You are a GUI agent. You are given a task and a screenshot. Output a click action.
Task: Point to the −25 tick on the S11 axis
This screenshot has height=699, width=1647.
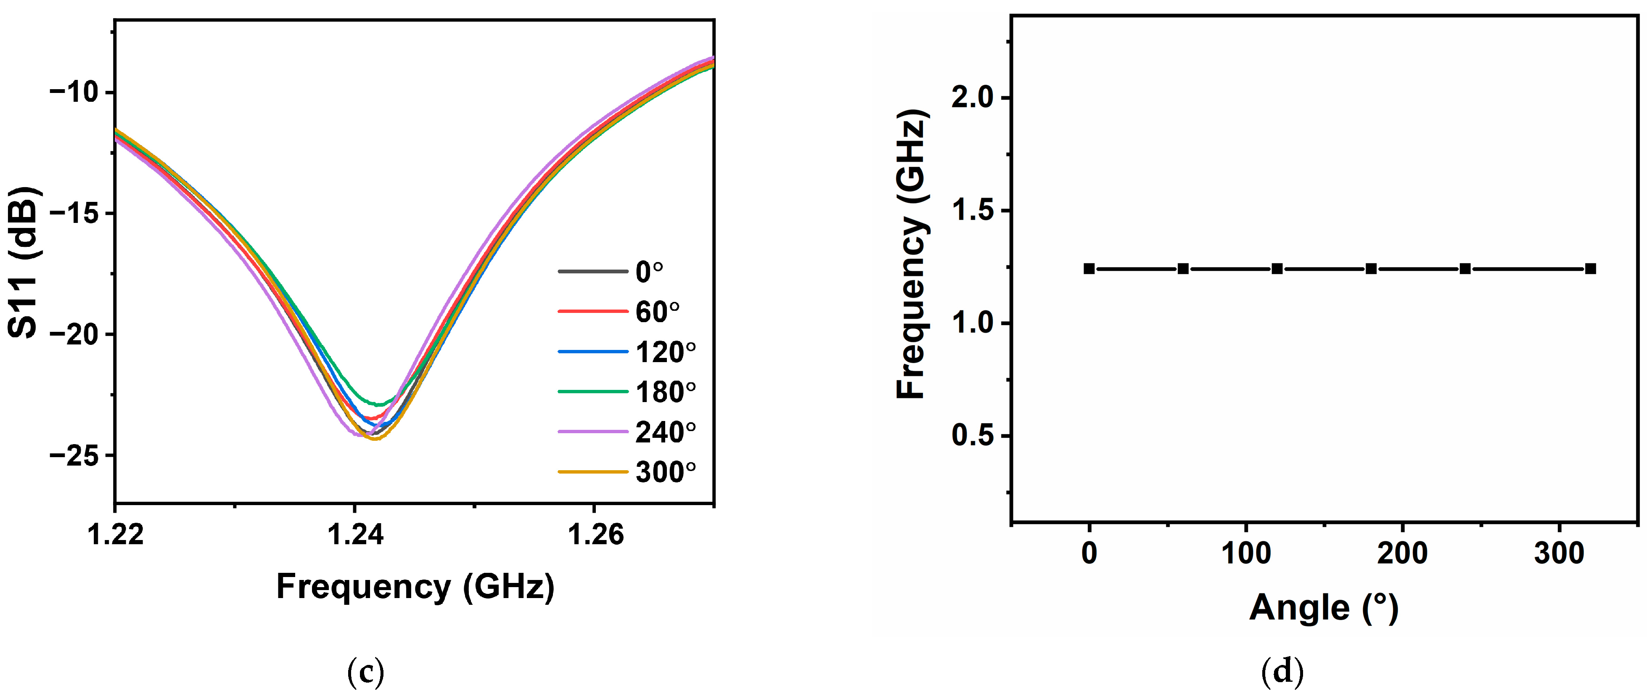[x=74, y=456]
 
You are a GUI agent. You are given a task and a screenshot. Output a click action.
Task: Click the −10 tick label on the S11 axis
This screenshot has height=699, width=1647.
[x=74, y=92]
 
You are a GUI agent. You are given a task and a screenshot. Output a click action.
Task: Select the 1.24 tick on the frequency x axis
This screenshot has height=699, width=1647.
[x=355, y=535]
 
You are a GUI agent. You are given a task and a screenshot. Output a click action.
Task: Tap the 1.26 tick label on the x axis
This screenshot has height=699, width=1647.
[x=595, y=535]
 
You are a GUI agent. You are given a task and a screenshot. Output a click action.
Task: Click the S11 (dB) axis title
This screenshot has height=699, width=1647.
[x=24, y=262]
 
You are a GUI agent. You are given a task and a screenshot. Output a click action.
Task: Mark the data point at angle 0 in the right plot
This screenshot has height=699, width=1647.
[x=1089, y=269]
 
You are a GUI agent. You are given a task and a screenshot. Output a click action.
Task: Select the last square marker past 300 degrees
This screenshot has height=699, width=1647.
[x=1591, y=269]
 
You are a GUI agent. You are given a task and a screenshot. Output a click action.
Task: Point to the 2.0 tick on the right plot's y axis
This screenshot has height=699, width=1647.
[x=972, y=98]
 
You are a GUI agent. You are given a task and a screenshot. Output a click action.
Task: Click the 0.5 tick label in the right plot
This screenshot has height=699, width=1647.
[x=972, y=436]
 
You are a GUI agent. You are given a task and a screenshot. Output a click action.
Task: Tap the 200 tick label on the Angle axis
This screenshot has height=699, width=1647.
[x=1402, y=553]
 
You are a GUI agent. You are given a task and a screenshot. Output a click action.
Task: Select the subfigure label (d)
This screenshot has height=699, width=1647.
[x=1282, y=672]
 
